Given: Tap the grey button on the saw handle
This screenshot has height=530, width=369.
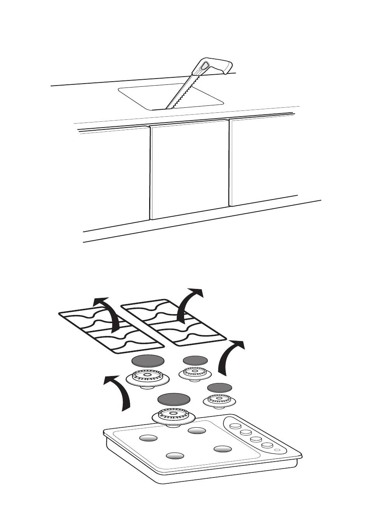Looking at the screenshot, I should click(x=204, y=66).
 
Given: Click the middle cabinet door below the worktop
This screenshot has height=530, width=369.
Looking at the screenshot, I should click(x=190, y=169).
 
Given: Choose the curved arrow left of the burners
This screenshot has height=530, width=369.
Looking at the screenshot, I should click(x=120, y=391).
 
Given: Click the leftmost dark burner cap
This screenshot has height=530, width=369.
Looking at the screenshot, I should click(x=148, y=361).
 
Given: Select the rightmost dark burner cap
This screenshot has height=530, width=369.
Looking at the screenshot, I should click(x=219, y=387).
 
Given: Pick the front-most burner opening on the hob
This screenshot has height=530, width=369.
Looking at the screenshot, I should click(x=175, y=456).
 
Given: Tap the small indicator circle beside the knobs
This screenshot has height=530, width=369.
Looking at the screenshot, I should click(x=277, y=450).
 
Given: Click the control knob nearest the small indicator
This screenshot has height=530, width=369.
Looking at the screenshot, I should click(x=266, y=445).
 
